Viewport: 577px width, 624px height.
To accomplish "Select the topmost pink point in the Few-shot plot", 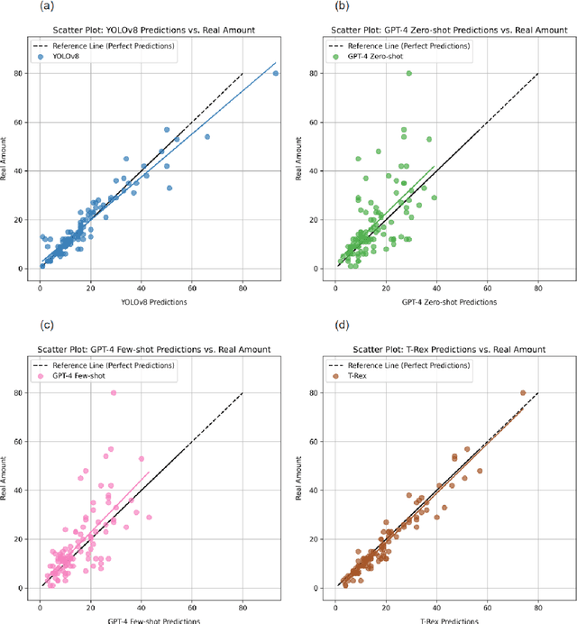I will click(114, 393).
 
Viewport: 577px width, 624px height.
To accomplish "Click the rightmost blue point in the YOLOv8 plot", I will click(276, 73).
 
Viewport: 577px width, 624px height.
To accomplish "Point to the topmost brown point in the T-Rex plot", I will click(523, 393).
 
